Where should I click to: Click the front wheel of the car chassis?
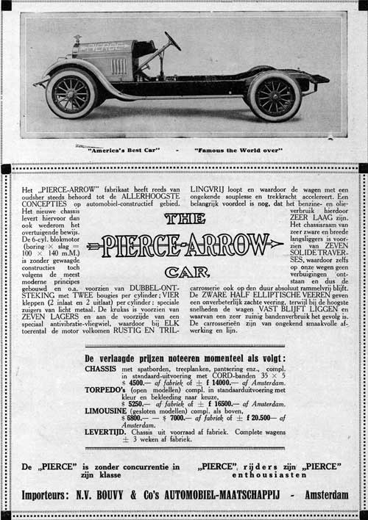pos(71,93)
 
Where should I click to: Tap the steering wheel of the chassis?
pos(172,40)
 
